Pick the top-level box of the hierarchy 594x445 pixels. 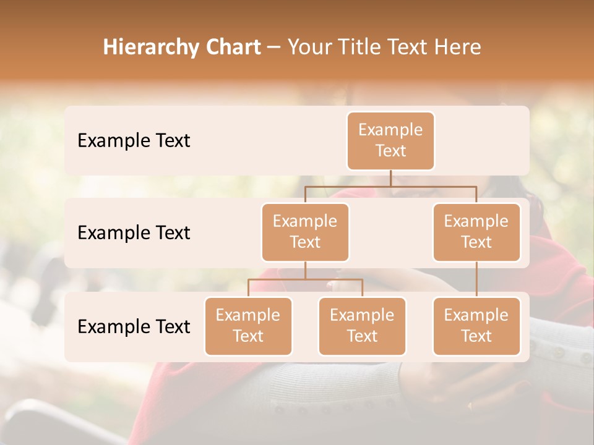pyautogui.click(x=390, y=141)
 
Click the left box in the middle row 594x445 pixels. pyautogui.click(x=305, y=232)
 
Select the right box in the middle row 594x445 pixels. pyautogui.click(x=476, y=232)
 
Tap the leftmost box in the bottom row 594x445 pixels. pyautogui.click(x=248, y=326)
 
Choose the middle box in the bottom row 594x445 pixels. pyautogui.click(x=362, y=326)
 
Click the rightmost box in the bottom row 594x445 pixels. pyautogui.click(x=476, y=326)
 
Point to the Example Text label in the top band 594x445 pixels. pyautogui.click(x=134, y=141)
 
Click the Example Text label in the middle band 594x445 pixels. pyautogui.click(x=134, y=233)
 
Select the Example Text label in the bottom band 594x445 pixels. pyautogui.click(x=134, y=326)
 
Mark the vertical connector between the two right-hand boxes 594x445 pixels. pyautogui.click(x=476, y=279)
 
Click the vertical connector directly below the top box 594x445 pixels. pyautogui.click(x=390, y=178)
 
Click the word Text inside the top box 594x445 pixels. pyautogui.click(x=390, y=151)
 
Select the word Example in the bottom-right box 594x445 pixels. pyautogui.click(x=476, y=316)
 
